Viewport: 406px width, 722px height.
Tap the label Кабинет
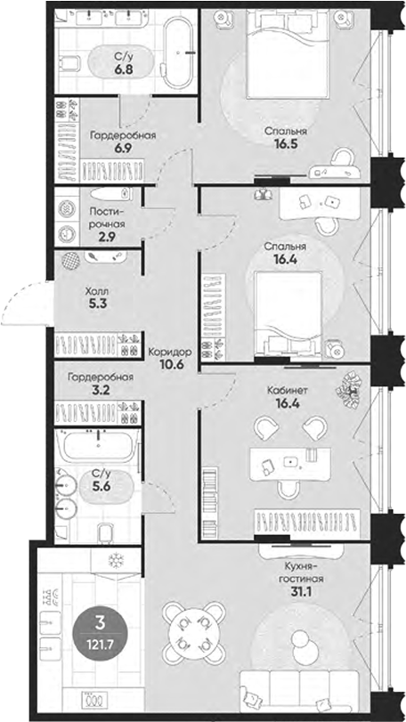pos(288,390)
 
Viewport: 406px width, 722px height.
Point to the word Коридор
pos(169,351)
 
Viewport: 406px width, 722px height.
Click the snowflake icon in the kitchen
pos(114,559)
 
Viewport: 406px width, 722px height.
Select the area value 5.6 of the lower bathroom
pos(103,488)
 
